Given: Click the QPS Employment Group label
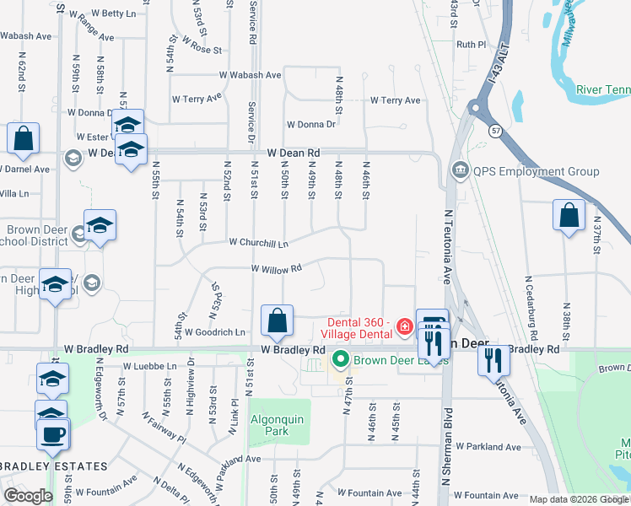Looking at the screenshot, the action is pyautogui.click(x=536, y=172).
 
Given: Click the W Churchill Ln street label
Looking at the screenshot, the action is pyautogui.click(x=259, y=243).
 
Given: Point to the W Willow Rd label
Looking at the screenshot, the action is pyautogui.click(x=276, y=269).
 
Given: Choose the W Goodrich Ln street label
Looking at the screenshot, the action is pyautogui.click(x=214, y=332).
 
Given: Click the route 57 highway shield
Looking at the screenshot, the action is pyautogui.click(x=495, y=130).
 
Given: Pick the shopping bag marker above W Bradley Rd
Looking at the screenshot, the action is pyautogui.click(x=277, y=320).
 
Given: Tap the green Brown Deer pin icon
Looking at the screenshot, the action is pyautogui.click(x=341, y=360).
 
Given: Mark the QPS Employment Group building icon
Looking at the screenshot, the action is pyautogui.click(x=460, y=171).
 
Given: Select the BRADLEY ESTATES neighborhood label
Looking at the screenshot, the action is pyautogui.click(x=54, y=466).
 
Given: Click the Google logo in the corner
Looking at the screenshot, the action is pyautogui.click(x=28, y=496).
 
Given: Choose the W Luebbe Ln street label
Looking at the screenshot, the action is pyautogui.click(x=150, y=367).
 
